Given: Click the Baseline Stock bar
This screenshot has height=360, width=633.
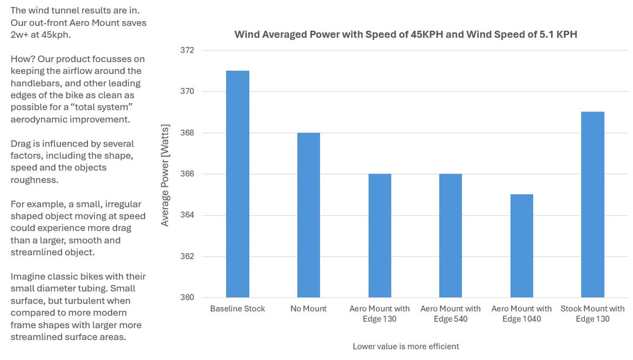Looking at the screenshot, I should pos(237,184).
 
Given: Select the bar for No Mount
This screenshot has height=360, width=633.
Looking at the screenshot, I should pos(308,215).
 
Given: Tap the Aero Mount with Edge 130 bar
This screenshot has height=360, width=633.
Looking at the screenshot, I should pos(379,236).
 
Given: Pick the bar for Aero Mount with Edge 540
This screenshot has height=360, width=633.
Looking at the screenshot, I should pos(451,236).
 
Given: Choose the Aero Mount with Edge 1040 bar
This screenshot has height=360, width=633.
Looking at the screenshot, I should pos(522,246).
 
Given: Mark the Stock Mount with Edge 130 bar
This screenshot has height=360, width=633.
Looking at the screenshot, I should pos(593,205).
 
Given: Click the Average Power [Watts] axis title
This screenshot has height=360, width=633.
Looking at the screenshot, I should pos(165,174).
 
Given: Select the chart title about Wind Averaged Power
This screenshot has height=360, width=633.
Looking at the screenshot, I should pos(406,34).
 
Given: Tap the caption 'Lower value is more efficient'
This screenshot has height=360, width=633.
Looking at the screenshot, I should pos(406,346).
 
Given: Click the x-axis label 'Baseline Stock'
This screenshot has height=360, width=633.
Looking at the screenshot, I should pos(237,308).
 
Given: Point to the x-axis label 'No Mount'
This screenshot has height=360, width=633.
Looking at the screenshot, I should pos(308,308).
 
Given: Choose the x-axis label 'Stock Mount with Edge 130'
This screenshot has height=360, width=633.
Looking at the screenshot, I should pos(593,314).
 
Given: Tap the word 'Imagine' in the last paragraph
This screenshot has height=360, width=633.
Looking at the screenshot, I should pos(28,276).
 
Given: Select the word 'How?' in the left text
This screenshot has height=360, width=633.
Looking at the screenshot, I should pos(22,59).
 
